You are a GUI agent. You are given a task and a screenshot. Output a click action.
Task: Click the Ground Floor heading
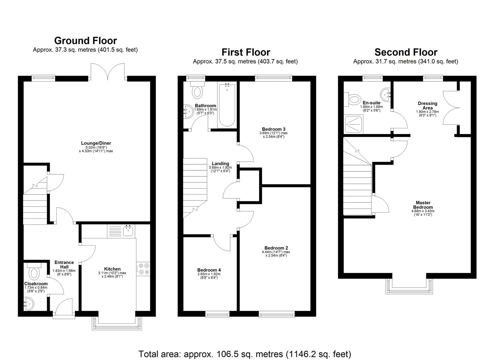pyautogui.click(x=85, y=41)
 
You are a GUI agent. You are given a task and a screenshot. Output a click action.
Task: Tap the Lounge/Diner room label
pyautogui.click(x=96, y=143)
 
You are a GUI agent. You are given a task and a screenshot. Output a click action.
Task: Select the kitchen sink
pyautogui.click(x=128, y=230)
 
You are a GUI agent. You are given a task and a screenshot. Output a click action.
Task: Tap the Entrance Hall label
pyautogui.click(x=64, y=265)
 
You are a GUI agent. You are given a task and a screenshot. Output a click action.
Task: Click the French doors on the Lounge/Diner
pyautogui.click(x=108, y=72)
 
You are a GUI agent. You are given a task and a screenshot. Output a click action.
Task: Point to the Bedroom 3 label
pyautogui.click(x=273, y=129)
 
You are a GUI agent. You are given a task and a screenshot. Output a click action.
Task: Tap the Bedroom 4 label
pyautogui.click(x=209, y=270)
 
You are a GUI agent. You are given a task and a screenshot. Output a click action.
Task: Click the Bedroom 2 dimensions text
pyautogui.click(x=276, y=254)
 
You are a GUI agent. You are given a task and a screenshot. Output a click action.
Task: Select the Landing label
pyautogui.click(x=220, y=163)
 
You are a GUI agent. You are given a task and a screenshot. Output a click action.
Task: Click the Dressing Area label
pyautogui.click(x=427, y=106)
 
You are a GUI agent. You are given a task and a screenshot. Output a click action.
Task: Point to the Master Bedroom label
pyautogui.click(x=423, y=205)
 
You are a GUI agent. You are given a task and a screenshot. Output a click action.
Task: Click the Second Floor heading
pyautogui.click(x=406, y=52)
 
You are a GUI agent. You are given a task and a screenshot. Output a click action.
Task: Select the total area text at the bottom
pyautogui.click(x=245, y=354)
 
